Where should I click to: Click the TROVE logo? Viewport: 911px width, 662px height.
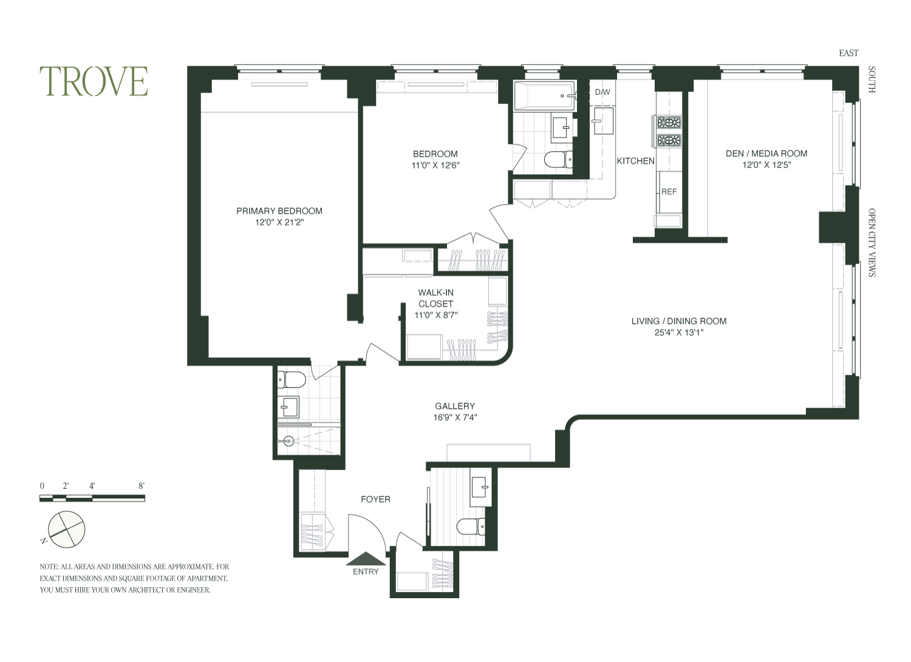pyautogui.click(x=94, y=81)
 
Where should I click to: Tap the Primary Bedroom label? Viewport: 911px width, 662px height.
pyautogui.click(x=279, y=211)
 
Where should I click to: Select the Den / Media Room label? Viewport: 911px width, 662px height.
pyautogui.click(x=766, y=154)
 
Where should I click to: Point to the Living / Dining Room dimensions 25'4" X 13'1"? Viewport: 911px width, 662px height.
pyautogui.click(x=679, y=332)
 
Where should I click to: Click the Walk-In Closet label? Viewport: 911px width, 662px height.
pyautogui.click(x=436, y=298)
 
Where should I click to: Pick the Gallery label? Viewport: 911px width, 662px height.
pyautogui.click(x=455, y=406)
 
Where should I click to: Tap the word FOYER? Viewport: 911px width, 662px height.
pyautogui.click(x=375, y=499)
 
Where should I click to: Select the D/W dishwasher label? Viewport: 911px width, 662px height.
pyautogui.click(x=602, y=92)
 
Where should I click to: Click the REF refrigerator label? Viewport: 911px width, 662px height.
pyautogui.click(x=669, y=191)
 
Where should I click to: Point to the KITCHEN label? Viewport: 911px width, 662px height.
pyautogui.click(x=636, y=161)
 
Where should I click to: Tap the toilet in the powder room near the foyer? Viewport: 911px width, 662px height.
pyautogui.click(x=471, y=527)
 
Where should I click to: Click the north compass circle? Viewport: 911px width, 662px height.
pyautogui.click(x=66, y=530)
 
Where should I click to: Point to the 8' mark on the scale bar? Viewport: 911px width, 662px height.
pyautogui.click(x=142, y=486)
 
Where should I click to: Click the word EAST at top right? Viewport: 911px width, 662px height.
pyautogui.click(x=848, y=53)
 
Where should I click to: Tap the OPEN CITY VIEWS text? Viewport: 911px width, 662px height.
pyautogui.click(x=872, y=243)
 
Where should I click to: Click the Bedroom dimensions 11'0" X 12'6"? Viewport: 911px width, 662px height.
pyautogui.click(x=435, y=165)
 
